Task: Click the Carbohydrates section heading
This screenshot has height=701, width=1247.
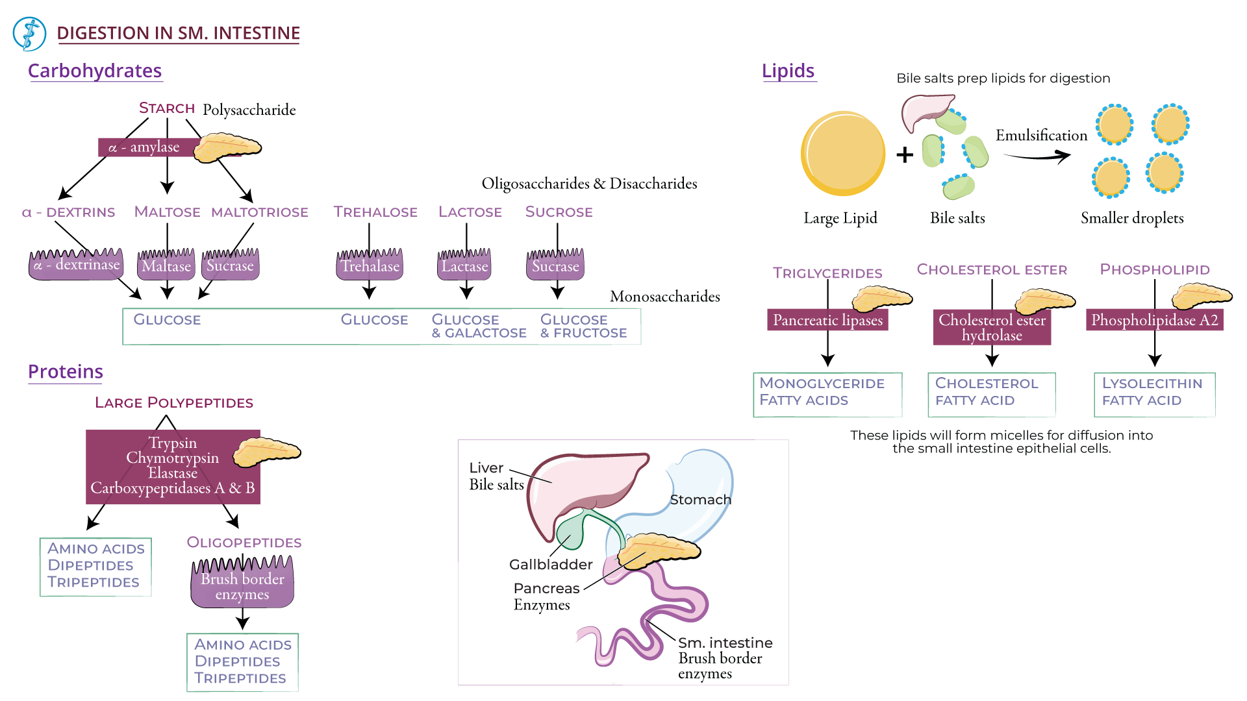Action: [95, 71]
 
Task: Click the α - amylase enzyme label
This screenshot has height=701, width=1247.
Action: [144, 147]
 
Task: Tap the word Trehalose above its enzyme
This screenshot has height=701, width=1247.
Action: [375, 212]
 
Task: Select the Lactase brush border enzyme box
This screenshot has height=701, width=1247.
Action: [464, 266]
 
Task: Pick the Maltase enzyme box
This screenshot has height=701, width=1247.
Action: [166, 266]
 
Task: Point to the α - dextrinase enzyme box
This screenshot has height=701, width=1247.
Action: [77, 265]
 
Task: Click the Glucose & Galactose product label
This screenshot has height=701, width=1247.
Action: [479, 326]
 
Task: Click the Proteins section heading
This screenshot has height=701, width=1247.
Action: [66, 372]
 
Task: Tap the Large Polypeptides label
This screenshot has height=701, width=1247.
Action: [174, 403]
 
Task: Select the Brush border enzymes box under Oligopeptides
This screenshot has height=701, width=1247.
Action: [242, 586]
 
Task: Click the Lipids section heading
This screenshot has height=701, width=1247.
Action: [788, 71]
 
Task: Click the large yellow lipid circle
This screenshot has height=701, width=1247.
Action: [843, 153]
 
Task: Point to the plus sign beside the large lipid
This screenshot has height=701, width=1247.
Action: [905, 155]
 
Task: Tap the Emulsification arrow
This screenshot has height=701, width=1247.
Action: [1037, 156]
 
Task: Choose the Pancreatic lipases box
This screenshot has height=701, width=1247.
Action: [827, 320]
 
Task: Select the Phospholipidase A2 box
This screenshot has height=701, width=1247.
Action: [1154, 320]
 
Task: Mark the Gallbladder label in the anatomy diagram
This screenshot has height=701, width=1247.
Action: [551, 565]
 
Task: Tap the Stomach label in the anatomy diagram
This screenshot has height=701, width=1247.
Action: [700, 500]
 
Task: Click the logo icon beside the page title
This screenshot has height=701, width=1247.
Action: [29, 34]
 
